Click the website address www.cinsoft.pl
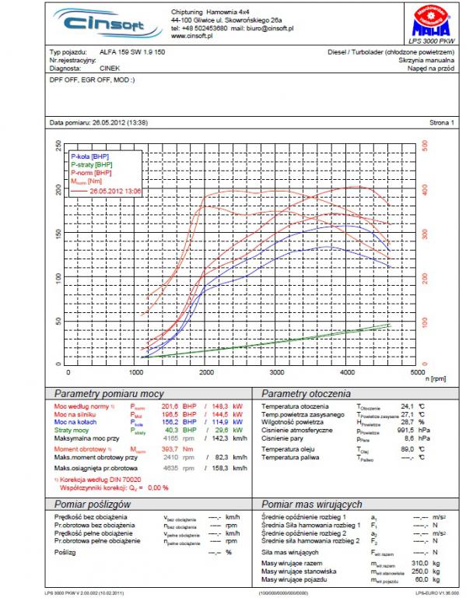pos(194,36)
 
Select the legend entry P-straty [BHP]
pos(92,165)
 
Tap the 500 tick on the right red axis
pos(425,146)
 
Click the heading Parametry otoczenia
pos(301,393)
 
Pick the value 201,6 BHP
pos(169,406)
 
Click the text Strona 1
pos(441,123)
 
